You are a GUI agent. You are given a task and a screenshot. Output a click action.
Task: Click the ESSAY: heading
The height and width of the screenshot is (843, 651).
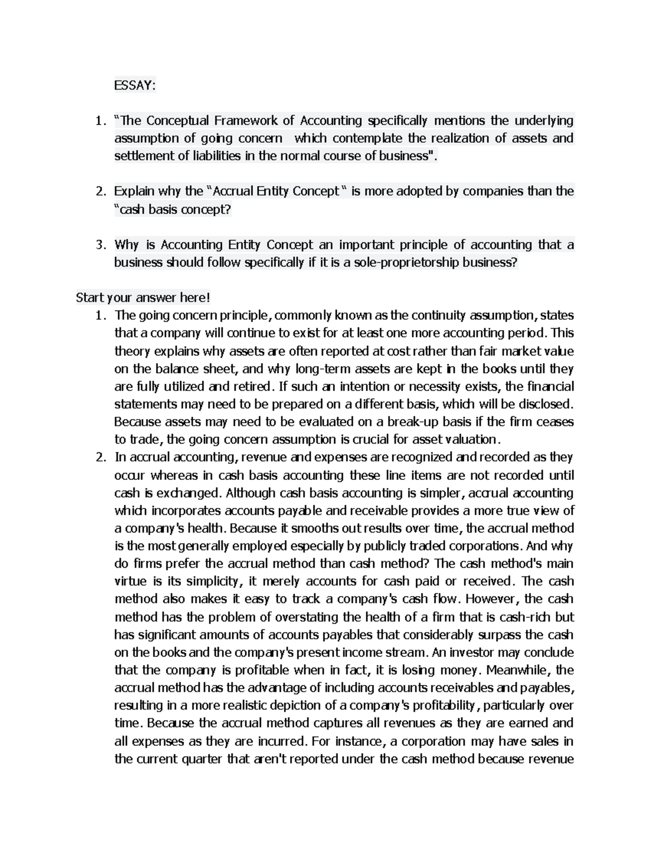pos(135,85)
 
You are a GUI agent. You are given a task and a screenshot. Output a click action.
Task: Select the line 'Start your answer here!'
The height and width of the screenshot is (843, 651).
pos(142,298)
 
